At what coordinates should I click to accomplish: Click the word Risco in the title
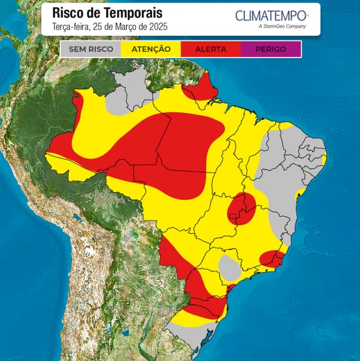68,13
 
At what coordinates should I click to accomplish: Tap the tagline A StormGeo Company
282,27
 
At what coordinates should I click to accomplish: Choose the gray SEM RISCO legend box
91,49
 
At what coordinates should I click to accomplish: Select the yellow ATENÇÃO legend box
151,49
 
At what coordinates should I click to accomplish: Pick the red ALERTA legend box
211,49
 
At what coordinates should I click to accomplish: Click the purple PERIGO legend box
271,49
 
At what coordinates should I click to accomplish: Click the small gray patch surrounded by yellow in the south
229,267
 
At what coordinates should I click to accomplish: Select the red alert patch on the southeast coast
272,259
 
